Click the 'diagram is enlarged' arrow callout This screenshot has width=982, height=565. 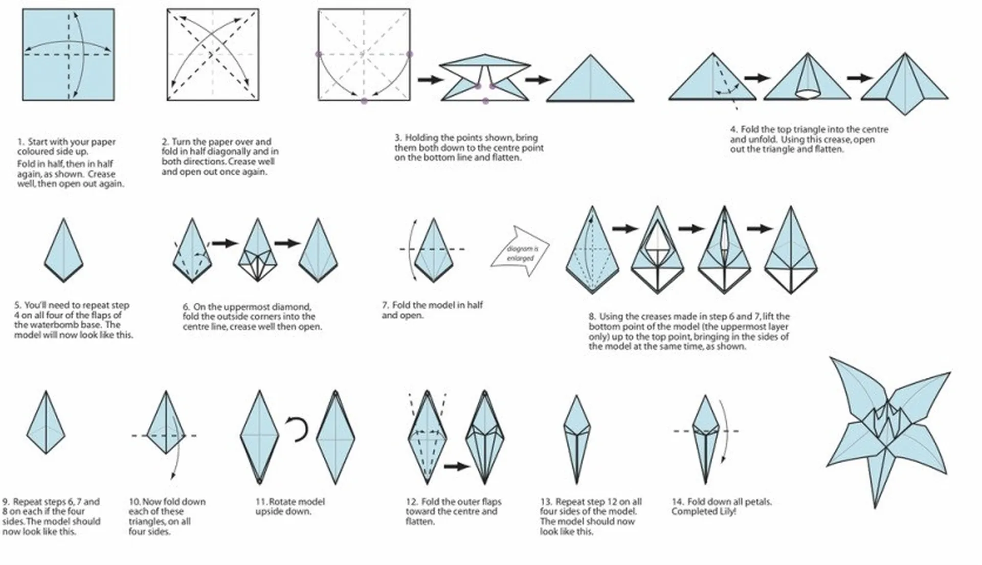(520, 253)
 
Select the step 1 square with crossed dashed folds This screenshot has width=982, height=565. (69, 54)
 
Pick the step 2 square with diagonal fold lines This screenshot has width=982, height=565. (213, 54)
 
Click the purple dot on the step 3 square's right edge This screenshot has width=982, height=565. (409, 54)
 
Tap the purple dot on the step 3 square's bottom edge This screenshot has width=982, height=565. (364, 101)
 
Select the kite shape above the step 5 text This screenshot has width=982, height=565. (63, 250)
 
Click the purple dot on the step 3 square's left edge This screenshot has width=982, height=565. (319, 54)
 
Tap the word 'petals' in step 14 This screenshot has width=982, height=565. (755, 502)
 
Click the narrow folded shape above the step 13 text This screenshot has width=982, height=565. (576, 439)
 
